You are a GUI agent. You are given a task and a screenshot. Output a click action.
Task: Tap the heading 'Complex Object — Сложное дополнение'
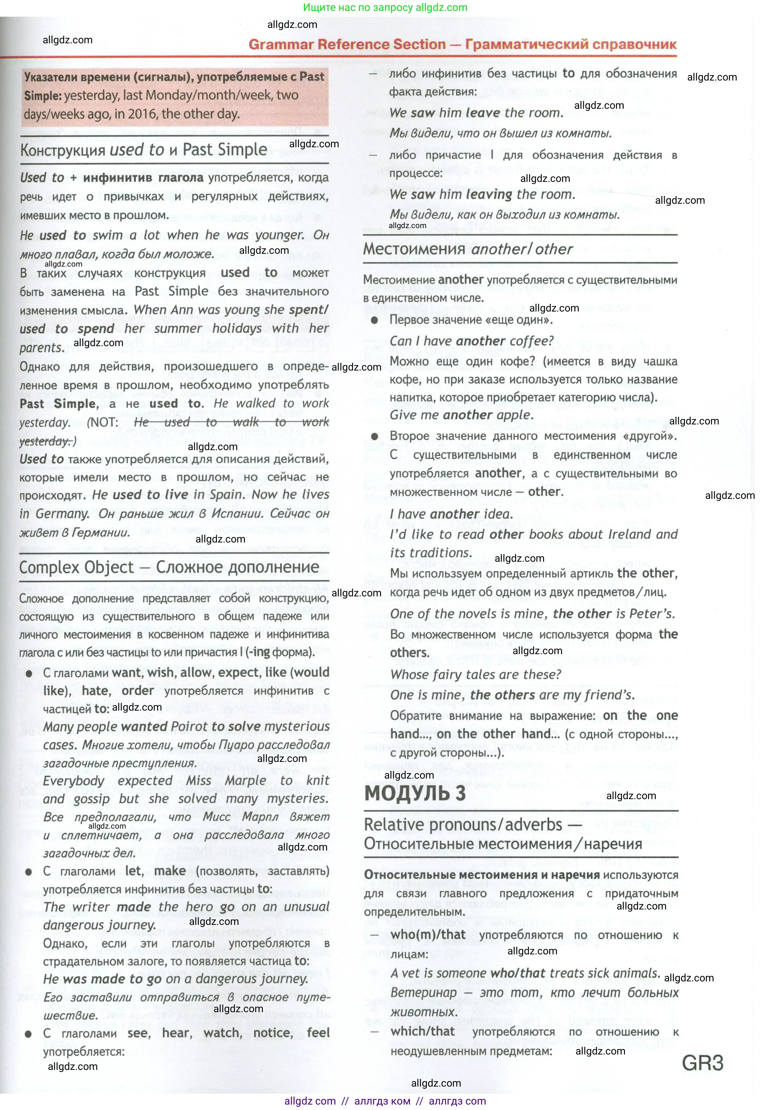pos(169,567)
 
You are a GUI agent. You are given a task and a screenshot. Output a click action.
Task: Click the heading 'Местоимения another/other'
pos(468,249)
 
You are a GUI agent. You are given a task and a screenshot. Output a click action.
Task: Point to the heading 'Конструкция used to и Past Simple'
pos(143,150)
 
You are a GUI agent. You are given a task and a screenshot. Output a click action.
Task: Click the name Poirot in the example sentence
pos(189,727)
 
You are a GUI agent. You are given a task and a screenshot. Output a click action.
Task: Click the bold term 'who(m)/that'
pos(428,935)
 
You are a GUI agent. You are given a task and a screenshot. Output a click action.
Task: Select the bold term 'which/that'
pos(422,1031)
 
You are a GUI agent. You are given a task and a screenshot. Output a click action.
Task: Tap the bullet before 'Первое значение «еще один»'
pos(374,320)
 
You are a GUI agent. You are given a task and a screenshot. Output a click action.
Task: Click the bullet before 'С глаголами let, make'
pos(29,872)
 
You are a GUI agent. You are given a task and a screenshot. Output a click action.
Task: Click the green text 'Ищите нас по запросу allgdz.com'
pos(385,7)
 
